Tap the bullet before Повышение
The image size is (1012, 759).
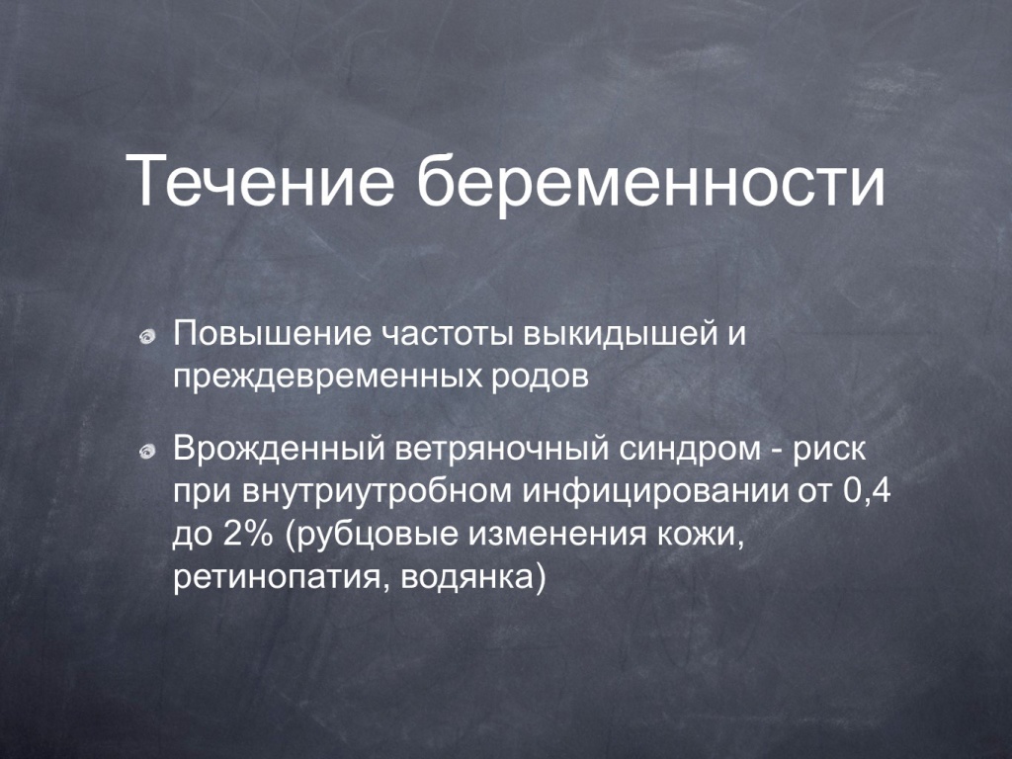[x=148, y=336]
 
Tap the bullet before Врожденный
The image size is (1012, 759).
[x=148, y=451]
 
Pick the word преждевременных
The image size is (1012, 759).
[x=327, y=378]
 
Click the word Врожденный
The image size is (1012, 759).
[x=279, y=449]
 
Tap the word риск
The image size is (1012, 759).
[x=829, y=450]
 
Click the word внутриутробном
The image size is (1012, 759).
[x=375, y=493]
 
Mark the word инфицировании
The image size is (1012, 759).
[x=654, y=493]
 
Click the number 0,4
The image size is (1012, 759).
[x=866, y=491]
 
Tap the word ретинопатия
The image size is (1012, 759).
[x=282, y=578]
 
